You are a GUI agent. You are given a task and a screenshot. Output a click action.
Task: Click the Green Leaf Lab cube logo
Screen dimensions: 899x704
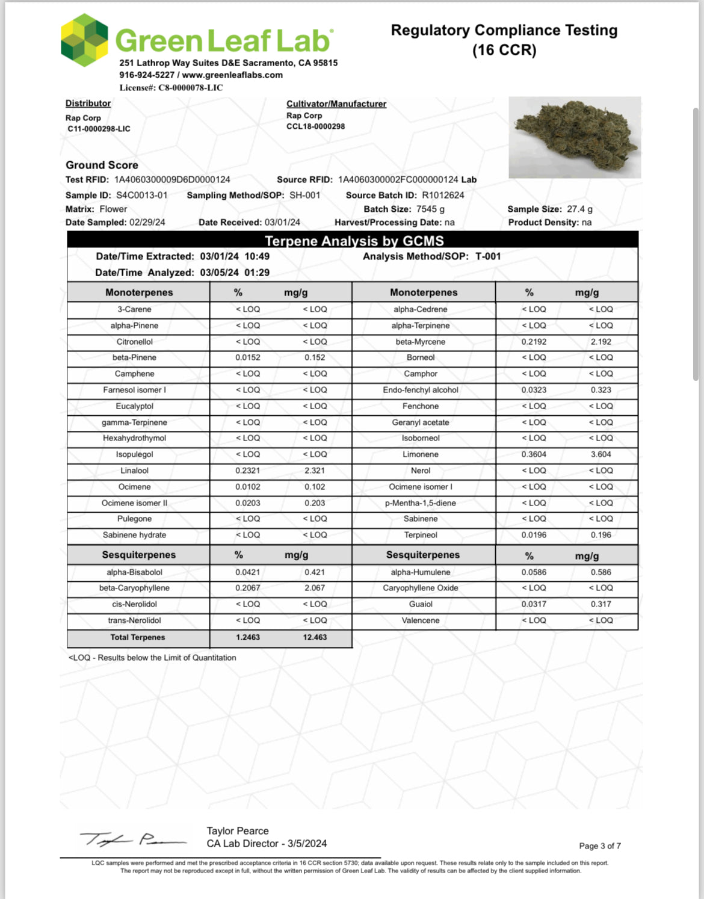click(85, 40)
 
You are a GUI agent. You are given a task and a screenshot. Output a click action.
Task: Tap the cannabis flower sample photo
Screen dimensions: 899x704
click(575, 138)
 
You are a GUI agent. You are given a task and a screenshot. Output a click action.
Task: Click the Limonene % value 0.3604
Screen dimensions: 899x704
click(534, 454)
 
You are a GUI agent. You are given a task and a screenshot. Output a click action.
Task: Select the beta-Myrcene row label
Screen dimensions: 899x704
click(421, 342)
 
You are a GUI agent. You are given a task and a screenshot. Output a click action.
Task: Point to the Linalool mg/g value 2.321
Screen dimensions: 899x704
click(315, 471)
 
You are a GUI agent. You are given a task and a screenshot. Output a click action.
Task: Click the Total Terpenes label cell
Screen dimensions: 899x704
click(138, 637)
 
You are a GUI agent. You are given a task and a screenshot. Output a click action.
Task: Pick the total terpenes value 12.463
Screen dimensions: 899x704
click(315, 637)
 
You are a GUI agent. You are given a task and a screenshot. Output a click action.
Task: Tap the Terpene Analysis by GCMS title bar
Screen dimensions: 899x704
click(353, 241)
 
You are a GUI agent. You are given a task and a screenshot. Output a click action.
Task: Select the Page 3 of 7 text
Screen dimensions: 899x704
click(600, 846)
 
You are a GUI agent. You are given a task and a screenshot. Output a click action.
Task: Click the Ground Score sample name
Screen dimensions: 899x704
click(102, 165)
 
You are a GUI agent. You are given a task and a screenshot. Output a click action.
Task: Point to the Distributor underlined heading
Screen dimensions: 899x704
click(88, 103)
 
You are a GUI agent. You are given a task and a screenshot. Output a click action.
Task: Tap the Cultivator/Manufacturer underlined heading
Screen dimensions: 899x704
click(336, 104)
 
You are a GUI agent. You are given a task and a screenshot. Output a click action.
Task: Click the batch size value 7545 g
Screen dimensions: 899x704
click(430, 209)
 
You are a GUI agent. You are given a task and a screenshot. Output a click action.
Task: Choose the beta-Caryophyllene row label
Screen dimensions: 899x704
click(134, 588)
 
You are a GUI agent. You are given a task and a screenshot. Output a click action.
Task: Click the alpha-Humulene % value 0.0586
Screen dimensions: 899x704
click(534, 572)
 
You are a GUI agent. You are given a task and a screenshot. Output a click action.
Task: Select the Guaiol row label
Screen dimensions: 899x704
click(421, 604)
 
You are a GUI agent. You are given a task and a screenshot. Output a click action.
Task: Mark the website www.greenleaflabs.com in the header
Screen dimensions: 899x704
click(232, 75)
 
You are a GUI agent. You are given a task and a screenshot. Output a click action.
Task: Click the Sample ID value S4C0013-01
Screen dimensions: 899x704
click(142, 195)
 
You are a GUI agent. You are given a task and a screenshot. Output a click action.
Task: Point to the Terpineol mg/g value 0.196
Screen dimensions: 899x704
click(601, 535)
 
